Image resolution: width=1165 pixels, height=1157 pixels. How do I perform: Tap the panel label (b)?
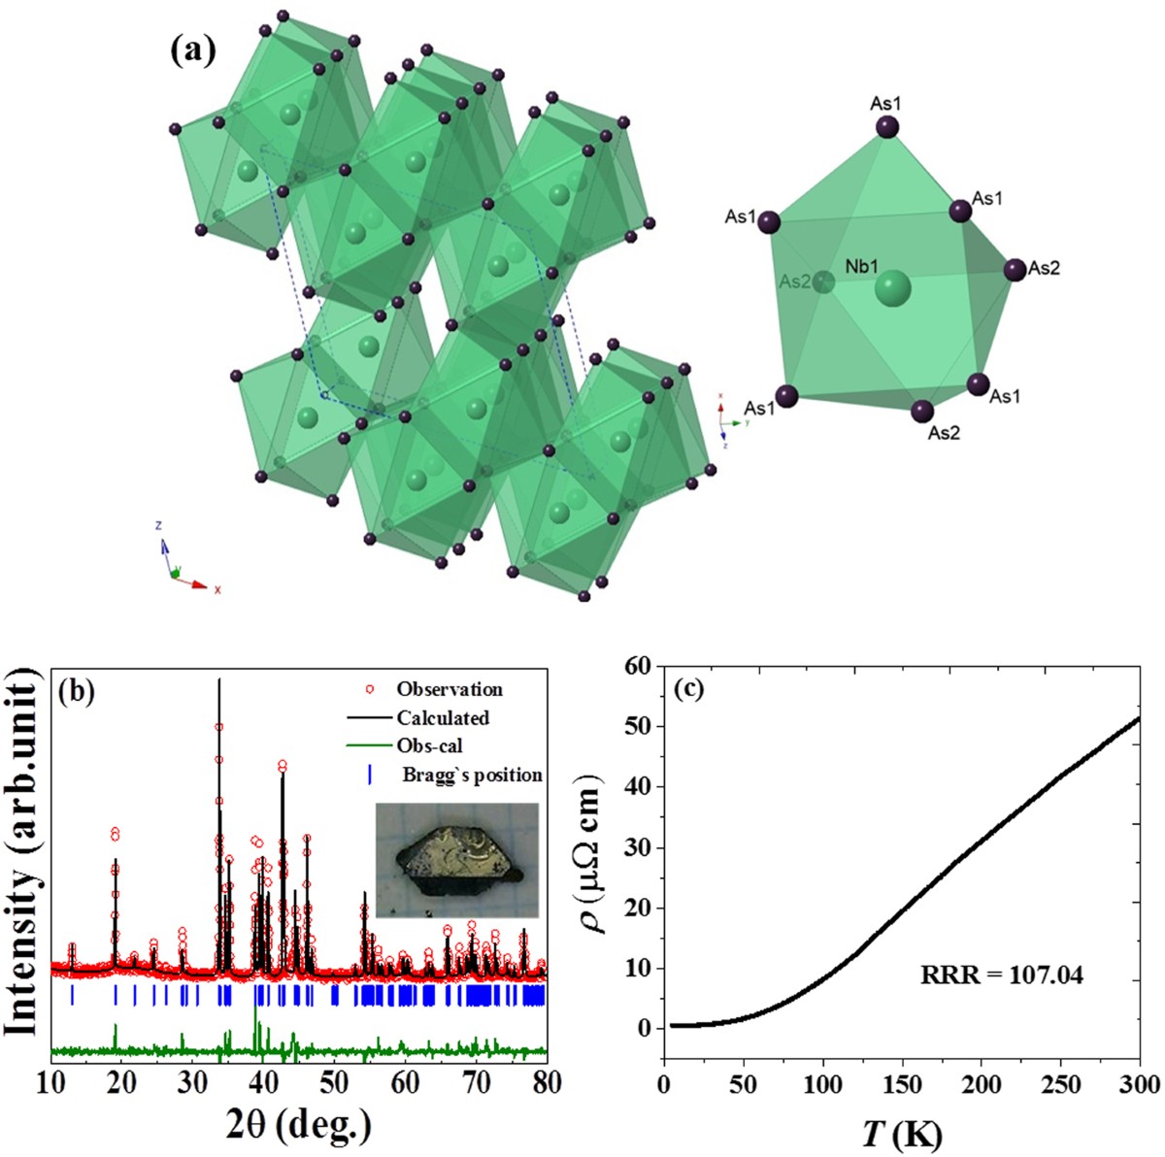pyautogui.click(x=77, y=692)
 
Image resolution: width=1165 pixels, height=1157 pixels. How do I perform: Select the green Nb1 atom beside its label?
pyautogui.click(x=893, y=288)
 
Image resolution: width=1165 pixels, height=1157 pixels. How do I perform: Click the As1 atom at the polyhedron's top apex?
pyautogui.click(x=886, y=127)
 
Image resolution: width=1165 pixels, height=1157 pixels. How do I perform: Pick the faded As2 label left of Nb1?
pyautogui.click(x=794, y=281)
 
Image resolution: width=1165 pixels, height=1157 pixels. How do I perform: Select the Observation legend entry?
pyautogui.click(x=449, y=689)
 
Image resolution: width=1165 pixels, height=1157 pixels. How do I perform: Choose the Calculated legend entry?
pyautogui.click(x=442, y=718)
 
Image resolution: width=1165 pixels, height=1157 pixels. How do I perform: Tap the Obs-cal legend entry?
pyautogui.click(x=428, y=746)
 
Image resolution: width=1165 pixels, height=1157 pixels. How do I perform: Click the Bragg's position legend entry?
pyautogui.click(x=472, y=775)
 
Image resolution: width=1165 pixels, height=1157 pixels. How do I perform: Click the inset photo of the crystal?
pyautogui.click(x=455, y=860)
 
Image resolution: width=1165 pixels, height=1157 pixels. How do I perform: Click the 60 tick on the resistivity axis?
pyautogui.click(x=637, y=667)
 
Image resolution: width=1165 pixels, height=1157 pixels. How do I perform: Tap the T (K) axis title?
pyautogui.click(x=899, y=1132)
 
